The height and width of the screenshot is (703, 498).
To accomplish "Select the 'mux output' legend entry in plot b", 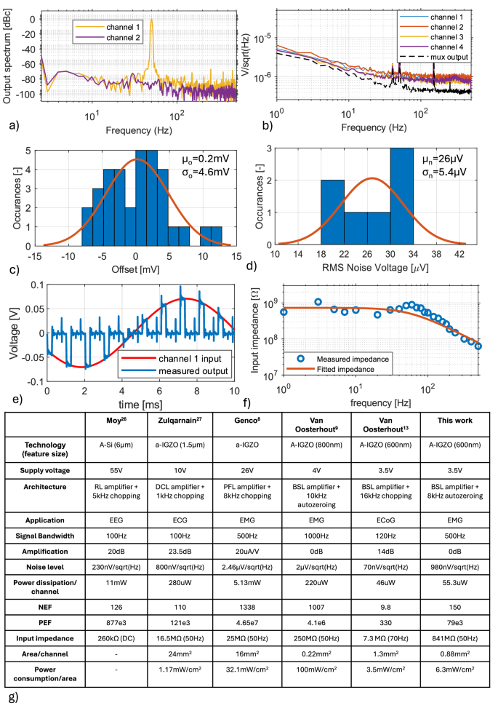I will click(x=448, y=55).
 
